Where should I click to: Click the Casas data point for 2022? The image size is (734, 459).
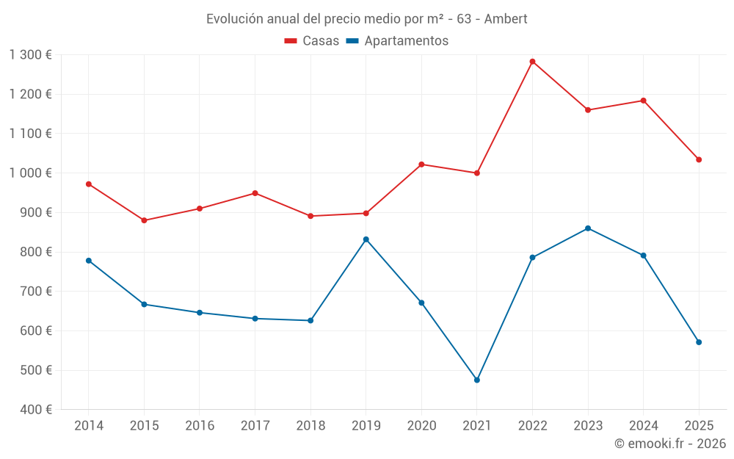[x=532, y=62]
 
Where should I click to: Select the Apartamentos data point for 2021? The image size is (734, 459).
[x=477, y=380]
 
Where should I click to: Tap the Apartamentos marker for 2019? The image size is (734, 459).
[x=366, y=239]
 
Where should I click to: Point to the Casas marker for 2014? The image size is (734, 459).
[x=89, y=184]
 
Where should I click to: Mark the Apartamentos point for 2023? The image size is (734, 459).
[x=588, y=228]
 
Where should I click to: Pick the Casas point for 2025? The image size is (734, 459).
[x=699, y=159]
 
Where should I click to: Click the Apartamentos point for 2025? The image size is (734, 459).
[x=699, y=342]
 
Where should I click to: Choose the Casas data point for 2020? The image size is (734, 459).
[x=421, y=165]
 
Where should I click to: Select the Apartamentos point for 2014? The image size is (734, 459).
[x=89, y=261]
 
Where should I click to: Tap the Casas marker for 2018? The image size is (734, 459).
[x=310, y=216]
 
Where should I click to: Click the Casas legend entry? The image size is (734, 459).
[x=312, y=41]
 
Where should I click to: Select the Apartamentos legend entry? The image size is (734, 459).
[x=397, y=41]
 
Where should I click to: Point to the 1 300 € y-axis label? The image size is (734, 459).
[x=30, y=55]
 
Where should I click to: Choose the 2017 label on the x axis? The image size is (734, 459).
[x=255, y=426]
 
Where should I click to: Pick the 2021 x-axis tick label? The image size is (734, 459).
[x=477, y=426]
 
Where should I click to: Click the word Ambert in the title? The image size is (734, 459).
[x=506, y=19]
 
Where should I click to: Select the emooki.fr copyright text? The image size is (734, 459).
[x=670, y=444]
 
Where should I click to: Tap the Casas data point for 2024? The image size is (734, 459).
[x=644, y=101]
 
